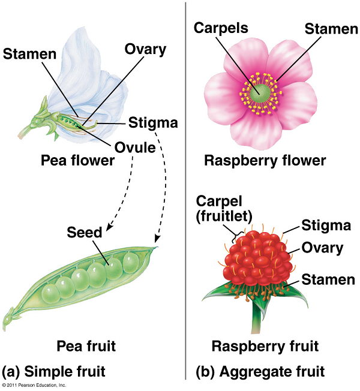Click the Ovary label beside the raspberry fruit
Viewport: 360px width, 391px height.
point(323,247)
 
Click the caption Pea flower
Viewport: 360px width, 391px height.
point(78,161)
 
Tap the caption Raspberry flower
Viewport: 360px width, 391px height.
point(265,161)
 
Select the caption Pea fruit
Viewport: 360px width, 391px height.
point(86,346)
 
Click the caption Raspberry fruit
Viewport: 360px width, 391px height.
point(264,346)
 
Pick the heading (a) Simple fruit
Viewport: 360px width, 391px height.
point(58,371)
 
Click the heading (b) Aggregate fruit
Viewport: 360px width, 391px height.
point(260,371)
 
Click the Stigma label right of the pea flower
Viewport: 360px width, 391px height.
point(153,124)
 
